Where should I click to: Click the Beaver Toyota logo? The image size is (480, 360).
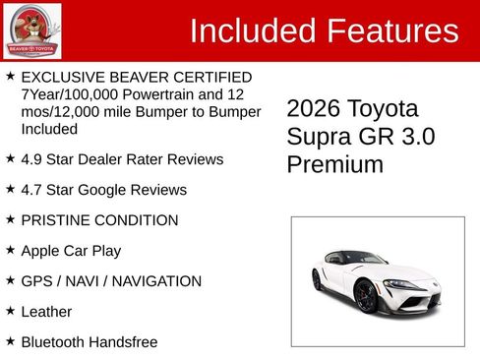(x=31, y=30)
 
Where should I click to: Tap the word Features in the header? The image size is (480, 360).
(x=390, y=31)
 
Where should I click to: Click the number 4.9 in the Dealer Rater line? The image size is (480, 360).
(x=32, y=159)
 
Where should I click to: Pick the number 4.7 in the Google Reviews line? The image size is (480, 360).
(x=32, y=190)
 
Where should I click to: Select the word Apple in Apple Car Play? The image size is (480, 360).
(x=42, y=251)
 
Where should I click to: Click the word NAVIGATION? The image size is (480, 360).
(x=154, y=281)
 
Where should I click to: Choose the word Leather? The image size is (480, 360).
(x=46, y=312)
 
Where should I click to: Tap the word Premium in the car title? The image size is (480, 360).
(x=334, y=164)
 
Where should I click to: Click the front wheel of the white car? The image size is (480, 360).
(x=365, y=295)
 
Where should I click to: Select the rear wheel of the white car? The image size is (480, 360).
(x=317, y=279)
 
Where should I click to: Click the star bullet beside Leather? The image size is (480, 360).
(x=10, y=311)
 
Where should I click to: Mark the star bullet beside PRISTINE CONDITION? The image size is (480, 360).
(x=10, y=219)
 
